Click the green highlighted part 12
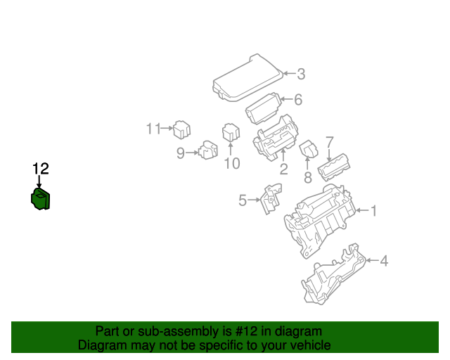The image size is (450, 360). point(41,199)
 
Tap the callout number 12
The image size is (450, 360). point(41,169)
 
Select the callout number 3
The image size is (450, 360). point(301,74)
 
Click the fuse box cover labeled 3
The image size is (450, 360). point(248,78)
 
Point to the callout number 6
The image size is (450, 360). point(298,100)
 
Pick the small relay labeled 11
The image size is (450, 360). point(181,130)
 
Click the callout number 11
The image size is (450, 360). point(153,129)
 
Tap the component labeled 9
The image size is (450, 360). point(208,150)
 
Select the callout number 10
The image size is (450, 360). point(232,164)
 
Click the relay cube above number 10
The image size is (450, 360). point(231,132)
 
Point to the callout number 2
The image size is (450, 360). point(283,169)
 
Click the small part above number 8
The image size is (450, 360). point(309,149)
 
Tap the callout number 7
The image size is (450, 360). point(330,143)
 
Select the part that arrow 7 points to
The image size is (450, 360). point(334,167)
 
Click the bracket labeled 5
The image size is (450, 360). point(271,199)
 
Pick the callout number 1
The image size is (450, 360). point(373,210)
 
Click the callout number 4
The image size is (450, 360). point(384,261)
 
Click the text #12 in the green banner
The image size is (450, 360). point(246,331)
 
